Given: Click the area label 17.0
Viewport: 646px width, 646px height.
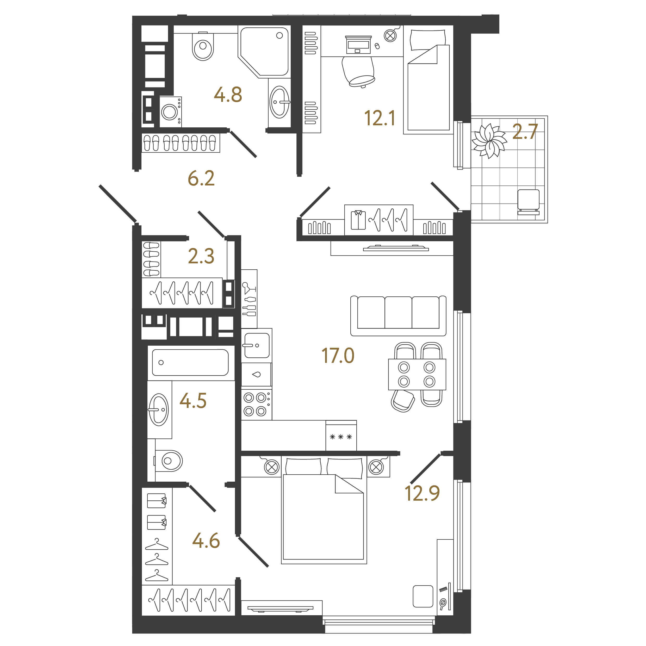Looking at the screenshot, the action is tap(338, 356).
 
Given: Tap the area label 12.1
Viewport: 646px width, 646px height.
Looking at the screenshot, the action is tap(380, 118).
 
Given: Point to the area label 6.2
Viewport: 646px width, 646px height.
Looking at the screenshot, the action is tap(201, 178).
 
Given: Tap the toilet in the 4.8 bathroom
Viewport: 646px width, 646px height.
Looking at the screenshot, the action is tap(203, 46).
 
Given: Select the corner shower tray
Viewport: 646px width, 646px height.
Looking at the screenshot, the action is tap(264, 52).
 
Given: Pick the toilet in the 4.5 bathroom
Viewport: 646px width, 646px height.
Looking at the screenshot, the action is tap(169, 461).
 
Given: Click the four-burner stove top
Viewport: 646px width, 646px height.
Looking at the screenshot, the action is tap(257, 405).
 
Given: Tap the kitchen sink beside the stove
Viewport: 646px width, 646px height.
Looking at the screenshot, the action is tap(257, 345).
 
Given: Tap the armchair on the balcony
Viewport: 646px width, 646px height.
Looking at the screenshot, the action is tap(528, 202).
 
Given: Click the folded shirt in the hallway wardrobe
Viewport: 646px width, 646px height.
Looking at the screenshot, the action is tap(358, 220).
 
